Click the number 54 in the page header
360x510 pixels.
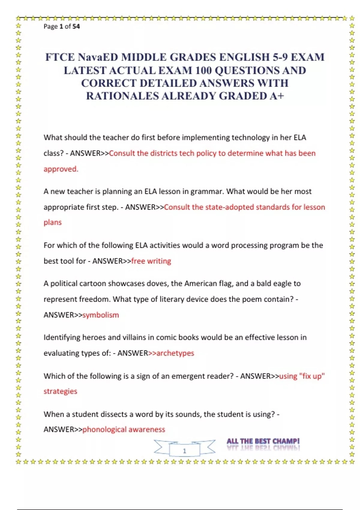click(76, 26)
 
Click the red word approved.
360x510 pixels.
click(61, 169)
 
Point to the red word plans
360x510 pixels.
click(52, 222)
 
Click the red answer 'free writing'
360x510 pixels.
click(151, 261)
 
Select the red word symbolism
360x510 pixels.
click(100, 315)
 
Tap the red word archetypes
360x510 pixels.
click(175, 353)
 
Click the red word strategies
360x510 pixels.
click(60, 391)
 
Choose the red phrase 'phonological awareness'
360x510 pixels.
click(124, 429)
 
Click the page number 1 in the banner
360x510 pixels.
click(184, 451)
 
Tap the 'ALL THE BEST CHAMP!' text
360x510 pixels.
click(263, 441)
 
